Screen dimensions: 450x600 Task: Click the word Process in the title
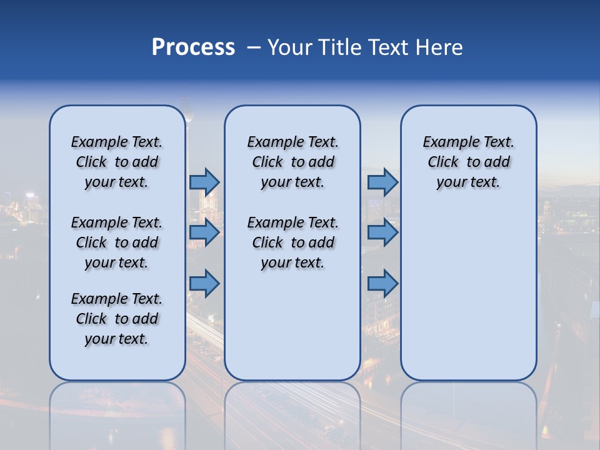(193, 47)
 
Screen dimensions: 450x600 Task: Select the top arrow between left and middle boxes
(204, 182)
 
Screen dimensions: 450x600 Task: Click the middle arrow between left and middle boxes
(204, 232)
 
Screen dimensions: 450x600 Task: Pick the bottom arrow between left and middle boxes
(204, 284)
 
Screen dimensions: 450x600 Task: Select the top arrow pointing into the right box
(382, 182)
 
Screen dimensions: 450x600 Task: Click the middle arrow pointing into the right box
(382, 232)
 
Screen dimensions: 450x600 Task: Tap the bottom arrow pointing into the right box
(382, 284)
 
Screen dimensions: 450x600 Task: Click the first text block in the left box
(117, 162)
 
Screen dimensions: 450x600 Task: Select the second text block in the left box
(117, 242)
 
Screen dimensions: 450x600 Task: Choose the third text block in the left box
(117, 319)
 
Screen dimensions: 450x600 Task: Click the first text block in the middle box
(292, 162)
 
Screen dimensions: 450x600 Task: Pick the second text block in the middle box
(292, 242)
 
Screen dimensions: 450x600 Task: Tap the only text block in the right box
(468, 162)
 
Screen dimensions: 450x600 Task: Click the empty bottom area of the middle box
(292, 331)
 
